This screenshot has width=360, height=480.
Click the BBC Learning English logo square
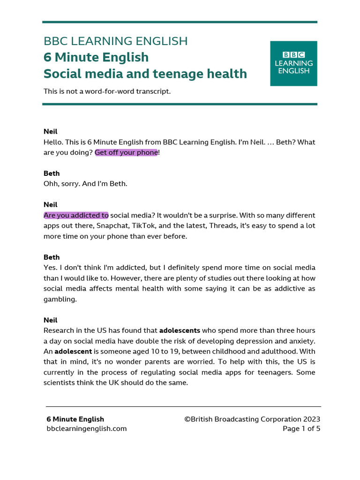[x=293, y=63]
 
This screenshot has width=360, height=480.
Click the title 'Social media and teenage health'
[x=145, y=74]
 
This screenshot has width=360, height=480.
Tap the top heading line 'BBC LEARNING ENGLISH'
[x=115, y=41]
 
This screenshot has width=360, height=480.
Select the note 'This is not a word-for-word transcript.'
[x=107, y=91]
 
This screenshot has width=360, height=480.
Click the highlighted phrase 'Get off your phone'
[x=126, y=152]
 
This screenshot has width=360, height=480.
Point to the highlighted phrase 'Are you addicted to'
[x=76, y=215]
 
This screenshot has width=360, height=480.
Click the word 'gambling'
[x=59, y=299]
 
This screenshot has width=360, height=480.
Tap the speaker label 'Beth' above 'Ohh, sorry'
[x=52, y=173]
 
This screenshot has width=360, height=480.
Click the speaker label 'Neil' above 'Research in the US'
[x=50, y=320]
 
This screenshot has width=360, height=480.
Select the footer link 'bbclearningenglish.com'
[x=86, y=428]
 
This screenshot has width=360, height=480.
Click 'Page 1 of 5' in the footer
[x=301, y=428]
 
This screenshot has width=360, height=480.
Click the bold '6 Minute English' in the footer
[x=75, y=419]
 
